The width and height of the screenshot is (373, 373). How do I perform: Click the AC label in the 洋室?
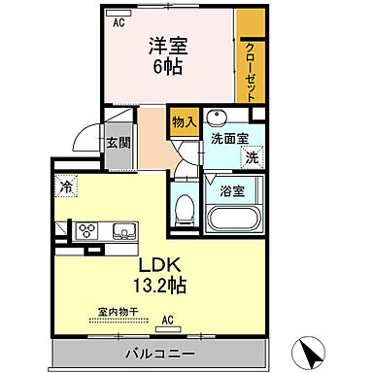pos(119,21)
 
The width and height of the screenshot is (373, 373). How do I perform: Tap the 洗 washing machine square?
pos(252,158)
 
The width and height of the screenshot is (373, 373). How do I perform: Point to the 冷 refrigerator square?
pos(66,185)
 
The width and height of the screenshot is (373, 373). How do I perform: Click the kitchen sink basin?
pos(124,231)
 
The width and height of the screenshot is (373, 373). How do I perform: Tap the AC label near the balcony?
pos(168,320)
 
